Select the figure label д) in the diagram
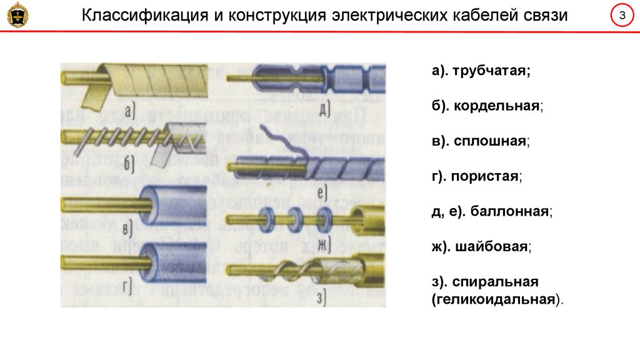tap(324, 111)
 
